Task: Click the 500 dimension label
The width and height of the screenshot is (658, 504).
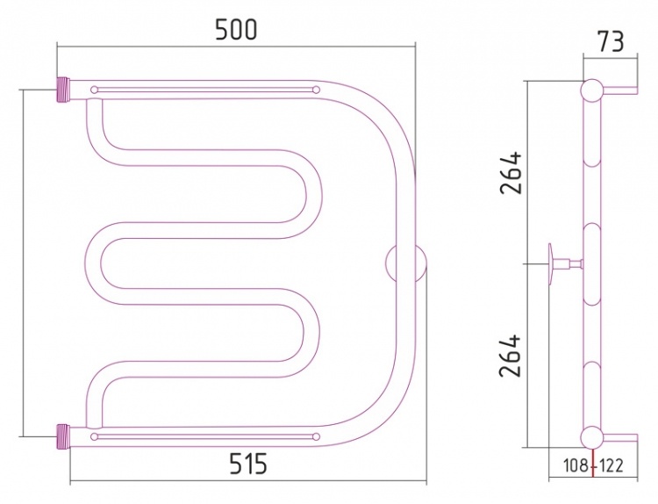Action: point(235,30)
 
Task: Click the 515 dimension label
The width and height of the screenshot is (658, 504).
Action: point(247,464)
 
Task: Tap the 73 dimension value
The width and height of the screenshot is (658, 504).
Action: point(611,41)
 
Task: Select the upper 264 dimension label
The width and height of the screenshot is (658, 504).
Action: point(511,173)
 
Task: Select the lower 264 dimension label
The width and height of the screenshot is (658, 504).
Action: point(511,356)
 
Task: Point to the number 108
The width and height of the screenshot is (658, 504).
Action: point(576,465)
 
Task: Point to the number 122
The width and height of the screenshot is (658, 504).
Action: point(611,465)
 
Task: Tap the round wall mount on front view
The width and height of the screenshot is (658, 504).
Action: point(406,263)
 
